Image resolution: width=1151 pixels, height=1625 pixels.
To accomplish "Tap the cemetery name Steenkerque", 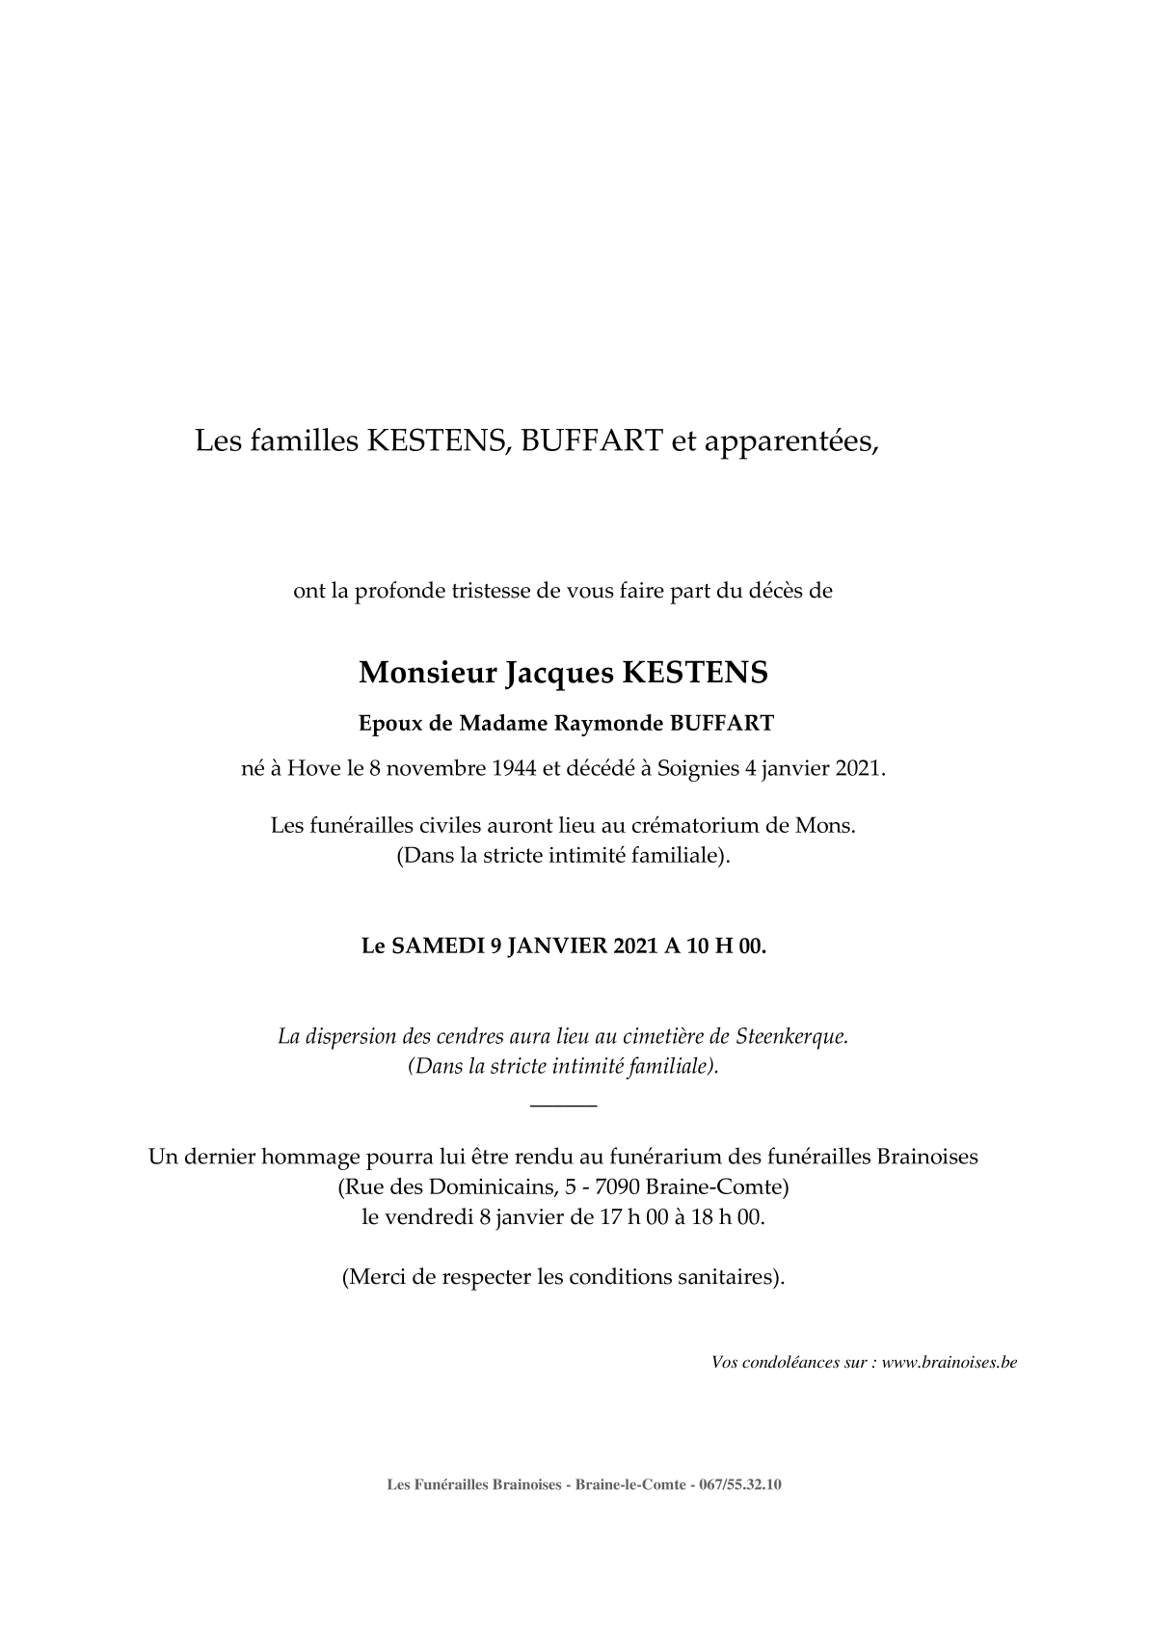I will (x=791, y=1037).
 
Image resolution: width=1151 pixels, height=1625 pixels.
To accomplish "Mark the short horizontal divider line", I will (x=564, y=1105).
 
